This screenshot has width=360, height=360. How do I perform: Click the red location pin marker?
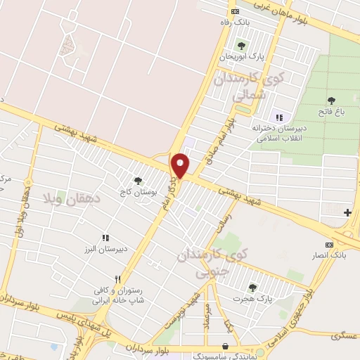(181, 166)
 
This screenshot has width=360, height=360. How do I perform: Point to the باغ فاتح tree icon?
(330, 100)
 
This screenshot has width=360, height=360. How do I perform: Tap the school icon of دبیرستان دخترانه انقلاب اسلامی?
(279, 117)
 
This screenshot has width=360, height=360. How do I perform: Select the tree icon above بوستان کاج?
(137, 180)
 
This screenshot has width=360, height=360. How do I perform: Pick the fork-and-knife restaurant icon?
(118, 278)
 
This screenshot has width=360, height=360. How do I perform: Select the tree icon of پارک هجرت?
(252, 287)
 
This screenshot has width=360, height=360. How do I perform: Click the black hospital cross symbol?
(347, 212)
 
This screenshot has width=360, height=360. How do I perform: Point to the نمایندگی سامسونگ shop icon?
(224, 346)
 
